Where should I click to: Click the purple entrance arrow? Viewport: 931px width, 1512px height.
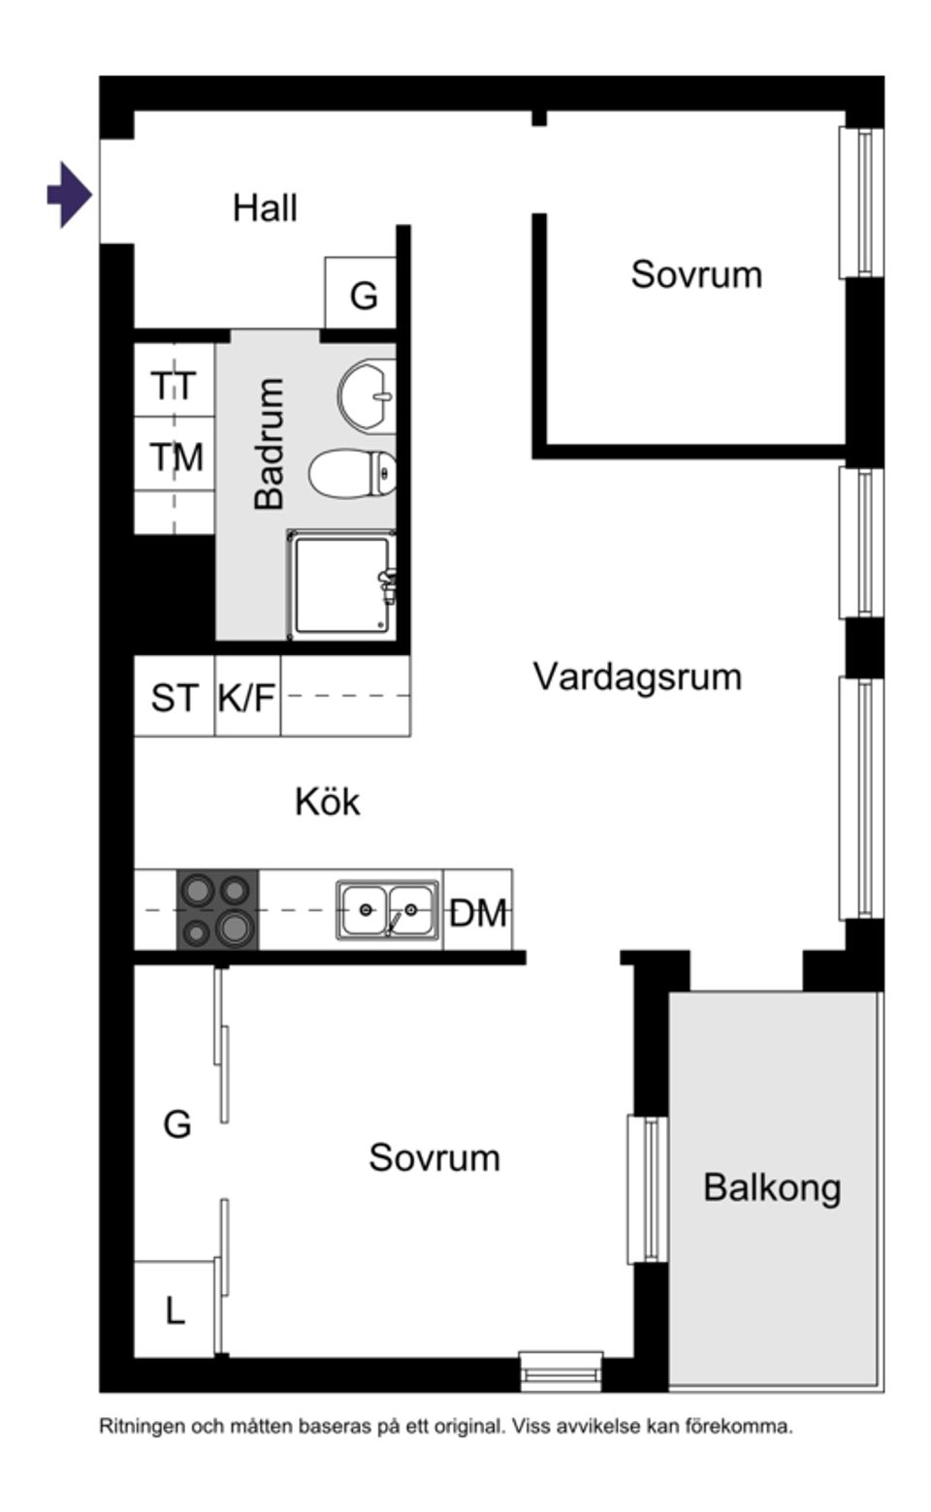(x=69, y=195)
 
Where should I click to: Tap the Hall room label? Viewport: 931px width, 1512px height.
(x=265, y=208)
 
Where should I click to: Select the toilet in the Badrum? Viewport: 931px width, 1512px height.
(x=353, y=474)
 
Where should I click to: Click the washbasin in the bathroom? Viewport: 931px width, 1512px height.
(x=367, y=396)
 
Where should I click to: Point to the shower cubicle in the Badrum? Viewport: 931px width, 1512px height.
(x=341, y=584)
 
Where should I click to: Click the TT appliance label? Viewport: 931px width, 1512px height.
(x=174, y=386)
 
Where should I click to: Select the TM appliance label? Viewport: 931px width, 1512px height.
(x=176, y=457)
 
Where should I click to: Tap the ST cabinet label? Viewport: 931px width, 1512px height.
(x=175, y=698)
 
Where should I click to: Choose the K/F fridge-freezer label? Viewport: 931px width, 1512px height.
(x=247, y=698)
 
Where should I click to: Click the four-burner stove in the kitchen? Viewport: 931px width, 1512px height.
(x=217, y=909)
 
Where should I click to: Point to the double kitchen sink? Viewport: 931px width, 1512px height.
(x=388, y=910)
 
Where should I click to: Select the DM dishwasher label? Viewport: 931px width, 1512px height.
(x=478, y=912)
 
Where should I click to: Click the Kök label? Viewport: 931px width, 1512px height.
(x=328, y=803)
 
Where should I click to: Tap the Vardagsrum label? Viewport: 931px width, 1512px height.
(x=637, y=677)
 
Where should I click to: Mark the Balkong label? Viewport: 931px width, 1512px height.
(x=772, y=1187)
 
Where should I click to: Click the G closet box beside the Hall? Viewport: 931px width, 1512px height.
(x=361, y=294)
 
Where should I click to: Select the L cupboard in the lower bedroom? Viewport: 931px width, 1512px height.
(x=175, y=1310)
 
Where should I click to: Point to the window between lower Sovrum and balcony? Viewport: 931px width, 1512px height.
(x=648, y=1189)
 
